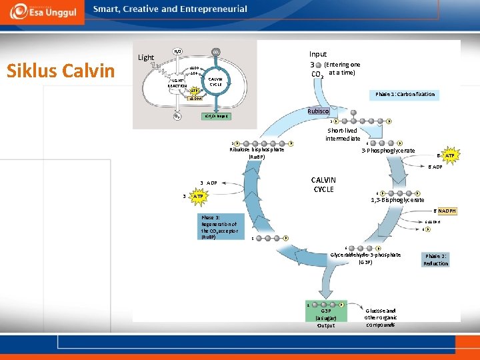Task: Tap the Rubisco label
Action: click(319, 111)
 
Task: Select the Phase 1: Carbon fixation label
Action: click(405, 94)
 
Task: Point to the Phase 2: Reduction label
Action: click(435, 259)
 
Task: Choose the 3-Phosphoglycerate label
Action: click(388, 151)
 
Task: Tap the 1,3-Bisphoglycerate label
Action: click(397, 200)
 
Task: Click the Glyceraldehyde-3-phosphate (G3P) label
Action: click(365, 258)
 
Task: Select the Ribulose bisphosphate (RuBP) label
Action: click(257, 153)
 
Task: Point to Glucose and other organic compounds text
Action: click(381, 317)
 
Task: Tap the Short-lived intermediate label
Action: click(343, 135)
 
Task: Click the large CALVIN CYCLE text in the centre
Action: click(323, 184)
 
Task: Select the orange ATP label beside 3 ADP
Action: click(197, 197)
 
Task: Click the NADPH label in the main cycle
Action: click(447, 211)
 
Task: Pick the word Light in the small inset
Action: click(145, 57)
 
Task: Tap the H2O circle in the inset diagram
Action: click(177, 51)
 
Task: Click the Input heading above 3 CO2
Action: click(318, 54)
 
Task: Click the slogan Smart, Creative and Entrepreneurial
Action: click(170, 9)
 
